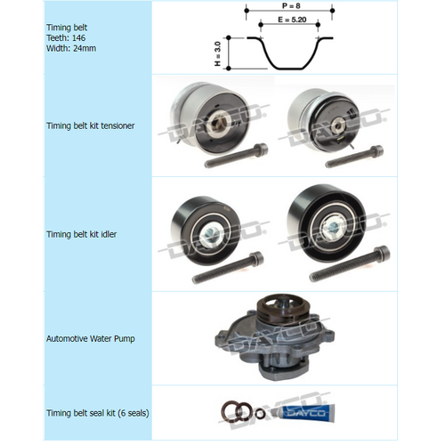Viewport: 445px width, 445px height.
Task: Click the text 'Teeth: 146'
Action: pos(67,37)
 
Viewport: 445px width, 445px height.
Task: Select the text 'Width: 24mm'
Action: pos(70,48)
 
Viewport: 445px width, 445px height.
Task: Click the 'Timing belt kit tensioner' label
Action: pos(90,125)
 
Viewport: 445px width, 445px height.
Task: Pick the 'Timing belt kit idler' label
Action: pos(82,234)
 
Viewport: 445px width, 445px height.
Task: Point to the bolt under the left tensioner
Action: pos(234,158)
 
